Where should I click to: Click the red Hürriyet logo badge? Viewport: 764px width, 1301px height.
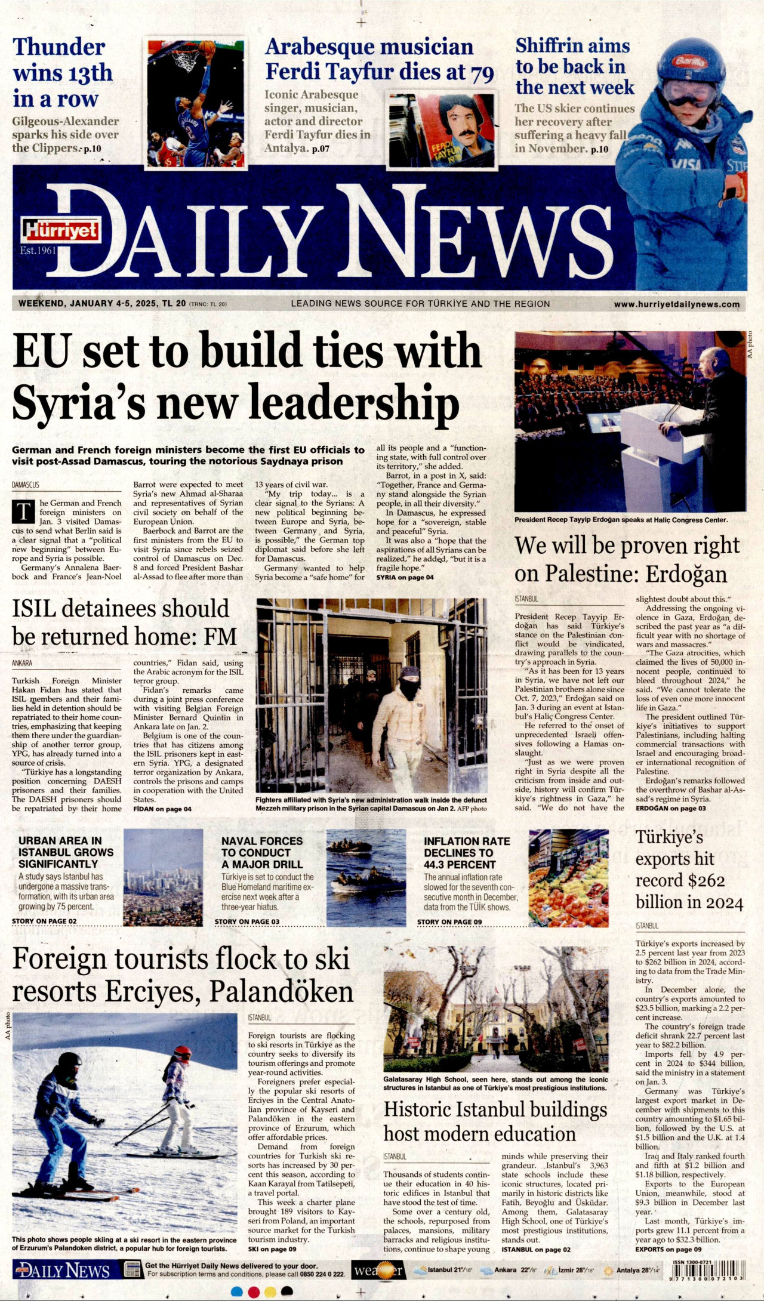(61, 230)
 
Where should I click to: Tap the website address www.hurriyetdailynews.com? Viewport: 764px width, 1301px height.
(676, 304)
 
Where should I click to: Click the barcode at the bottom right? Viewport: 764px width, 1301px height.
(708, 1269)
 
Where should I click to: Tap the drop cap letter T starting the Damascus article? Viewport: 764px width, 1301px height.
(24, 512)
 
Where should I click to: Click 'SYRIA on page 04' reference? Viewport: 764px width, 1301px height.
(405, 577)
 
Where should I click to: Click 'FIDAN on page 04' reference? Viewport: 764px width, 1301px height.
(162, 809)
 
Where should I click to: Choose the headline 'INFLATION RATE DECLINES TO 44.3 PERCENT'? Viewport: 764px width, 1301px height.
(467, 852)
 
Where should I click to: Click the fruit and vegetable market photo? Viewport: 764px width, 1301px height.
(568, 877)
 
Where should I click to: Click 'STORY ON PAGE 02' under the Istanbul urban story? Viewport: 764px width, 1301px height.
(44, 921)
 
